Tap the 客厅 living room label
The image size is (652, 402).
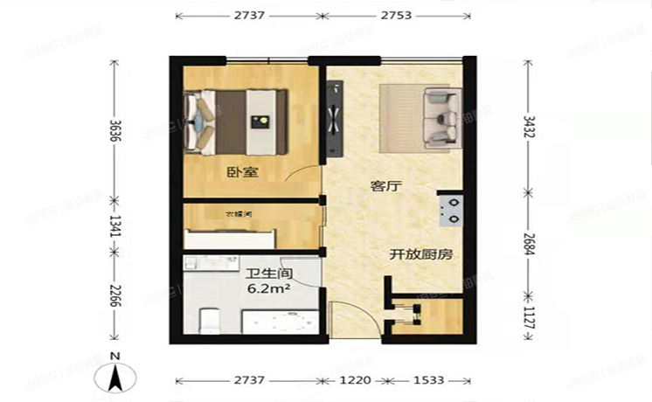(x=385, y=186)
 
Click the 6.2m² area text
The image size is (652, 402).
(x=268, y=288)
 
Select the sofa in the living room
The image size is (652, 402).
(x=440, y=115)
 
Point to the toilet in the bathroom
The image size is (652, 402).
(x=208, y=322)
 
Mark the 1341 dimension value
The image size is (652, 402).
(x=112, y=225)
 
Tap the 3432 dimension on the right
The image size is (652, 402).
(x=528, y=128)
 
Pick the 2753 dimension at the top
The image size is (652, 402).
(x=395, y=16)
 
